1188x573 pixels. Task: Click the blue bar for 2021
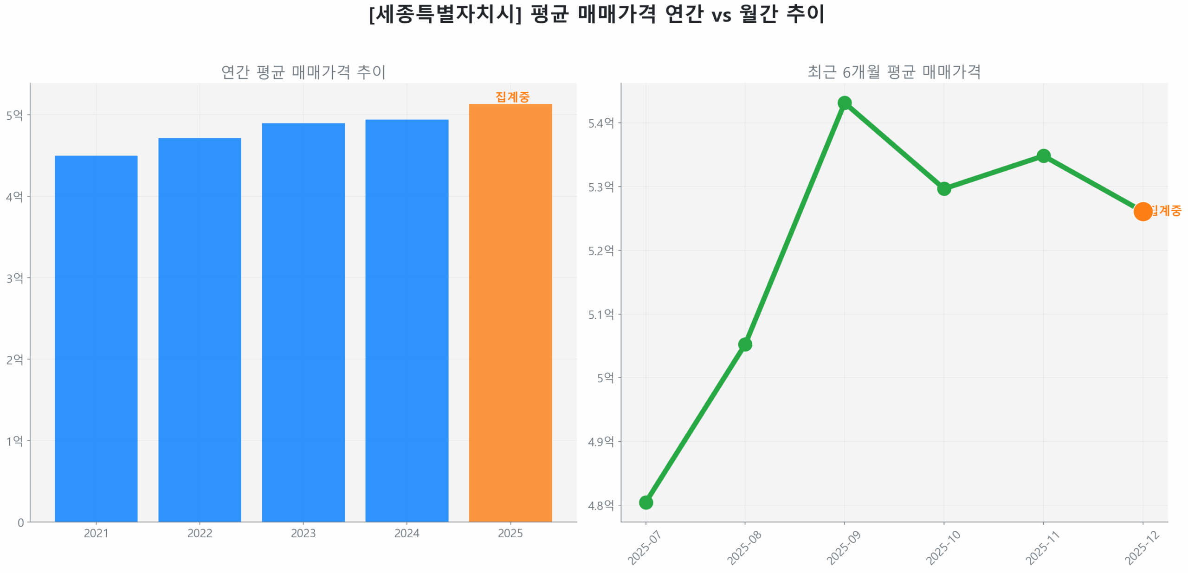pos(96,338)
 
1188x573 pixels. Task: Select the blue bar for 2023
pos(303,322)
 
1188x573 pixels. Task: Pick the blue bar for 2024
pos(407,320)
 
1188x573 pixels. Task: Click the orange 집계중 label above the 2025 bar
pos(512,97)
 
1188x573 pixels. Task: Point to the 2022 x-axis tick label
pos(200,533)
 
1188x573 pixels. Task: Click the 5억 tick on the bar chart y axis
pos(14,115)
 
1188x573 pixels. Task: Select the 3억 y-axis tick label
pos(14,278)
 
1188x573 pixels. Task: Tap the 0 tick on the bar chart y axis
pos(20,523)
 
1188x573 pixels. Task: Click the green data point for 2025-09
pos(844,103)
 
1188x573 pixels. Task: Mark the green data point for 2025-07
pos(646,502)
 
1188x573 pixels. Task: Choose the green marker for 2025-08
pos(744,344)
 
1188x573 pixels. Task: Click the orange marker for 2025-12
pos(1142,212)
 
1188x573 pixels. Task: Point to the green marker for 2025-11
pos(1043,156)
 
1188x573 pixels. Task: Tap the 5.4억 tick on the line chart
pos(600,123)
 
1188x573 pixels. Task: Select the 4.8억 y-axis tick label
pos(600,505)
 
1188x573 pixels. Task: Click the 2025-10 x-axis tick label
pos(943,547)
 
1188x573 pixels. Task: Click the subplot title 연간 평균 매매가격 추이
pos(303,72)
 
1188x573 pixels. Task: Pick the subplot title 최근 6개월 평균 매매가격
pos(894,72)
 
